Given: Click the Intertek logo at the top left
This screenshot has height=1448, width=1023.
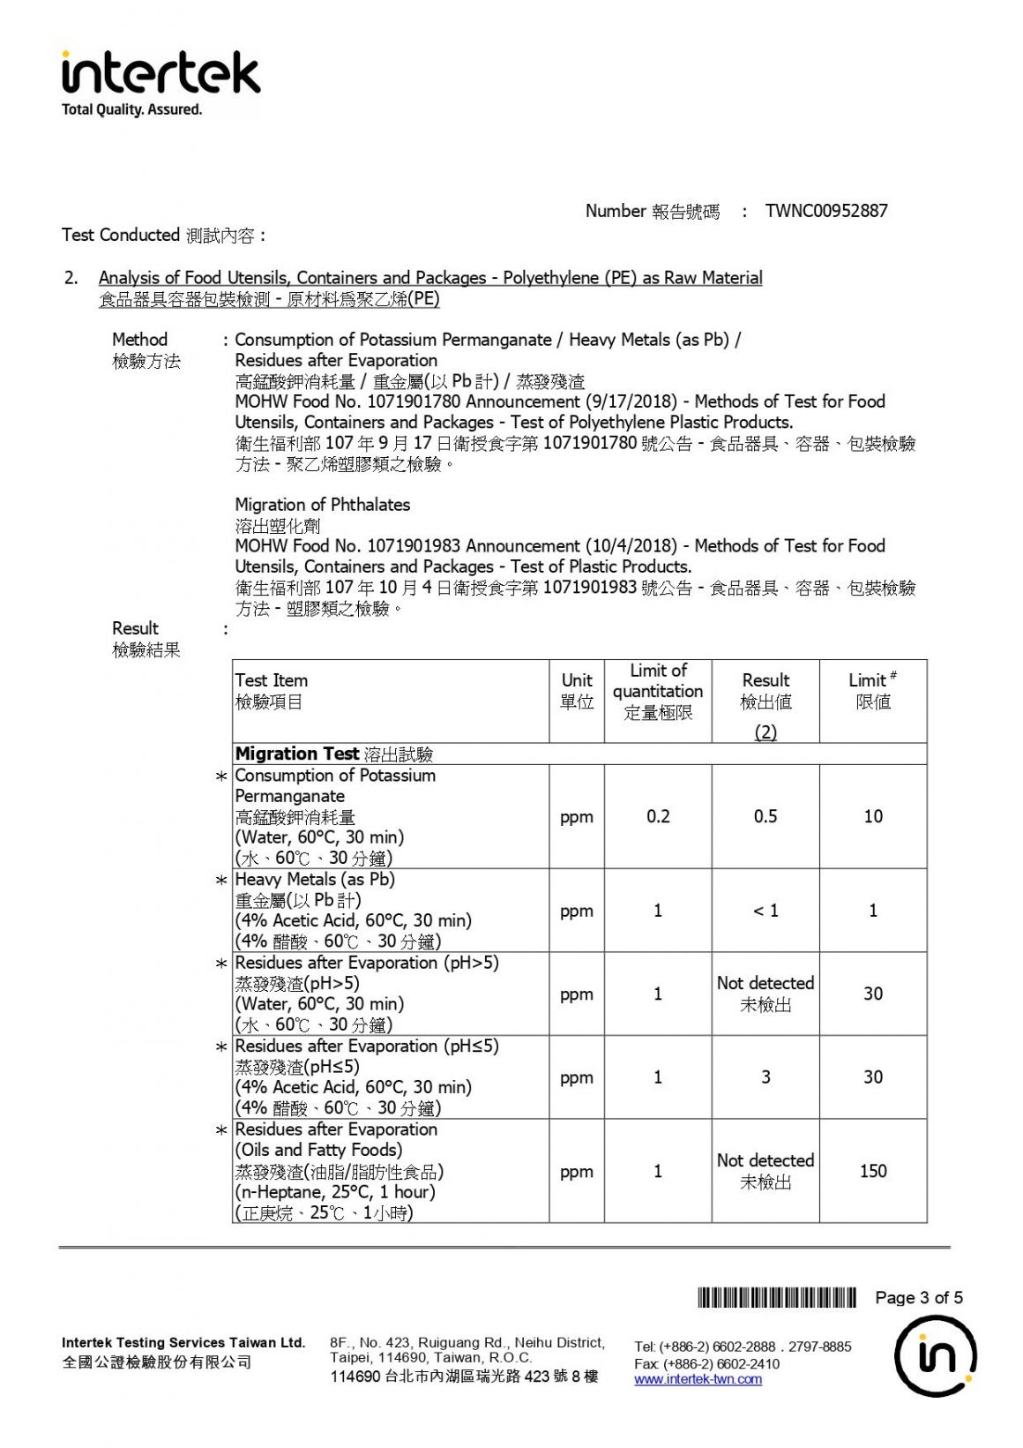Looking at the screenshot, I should point(161,73).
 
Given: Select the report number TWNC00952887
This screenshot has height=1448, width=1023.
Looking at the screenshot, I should point(826,211).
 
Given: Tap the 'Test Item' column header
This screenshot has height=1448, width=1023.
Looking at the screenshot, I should point(272,680).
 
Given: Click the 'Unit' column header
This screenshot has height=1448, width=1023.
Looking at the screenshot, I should point(577,680).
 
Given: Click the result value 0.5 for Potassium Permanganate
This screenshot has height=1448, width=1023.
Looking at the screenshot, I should point(765,816).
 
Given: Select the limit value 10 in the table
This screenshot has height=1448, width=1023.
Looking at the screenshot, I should point(873,816).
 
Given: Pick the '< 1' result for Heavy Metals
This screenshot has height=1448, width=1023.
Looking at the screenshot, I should point(765,911).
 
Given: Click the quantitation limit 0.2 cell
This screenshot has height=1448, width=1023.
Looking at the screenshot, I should point(658,816).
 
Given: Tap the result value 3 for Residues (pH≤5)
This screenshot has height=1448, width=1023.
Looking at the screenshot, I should point(765,1077).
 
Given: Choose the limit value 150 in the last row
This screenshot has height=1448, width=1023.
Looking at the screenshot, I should point(873,1171).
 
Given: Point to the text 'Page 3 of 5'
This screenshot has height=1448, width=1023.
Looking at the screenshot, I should point(919,1297).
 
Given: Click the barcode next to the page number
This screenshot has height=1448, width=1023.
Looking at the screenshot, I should point(776,1297).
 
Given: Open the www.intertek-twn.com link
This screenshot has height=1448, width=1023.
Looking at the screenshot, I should point(698,1379).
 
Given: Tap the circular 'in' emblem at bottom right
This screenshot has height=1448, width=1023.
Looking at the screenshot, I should point(935,1357).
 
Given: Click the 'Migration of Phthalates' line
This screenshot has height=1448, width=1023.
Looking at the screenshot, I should point(322,505).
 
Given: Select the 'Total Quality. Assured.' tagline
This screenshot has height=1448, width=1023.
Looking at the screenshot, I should point(131,109).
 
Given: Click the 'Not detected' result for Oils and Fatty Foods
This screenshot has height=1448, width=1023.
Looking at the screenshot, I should point(765,1161).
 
